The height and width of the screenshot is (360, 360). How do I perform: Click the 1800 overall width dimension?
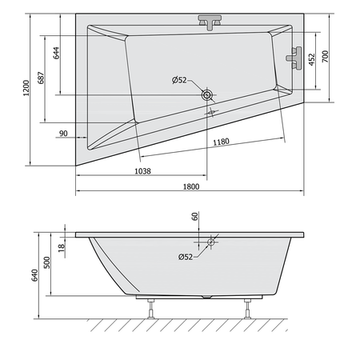pyautogui.click(x=191, y=186)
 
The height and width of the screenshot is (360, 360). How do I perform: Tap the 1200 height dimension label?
pyautogui.click(x=26, y=88)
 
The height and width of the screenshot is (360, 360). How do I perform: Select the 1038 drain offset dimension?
pyautogui.click(x=142, y=171)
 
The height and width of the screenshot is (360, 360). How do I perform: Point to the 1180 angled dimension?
pyautogui.click(x=221, y=142)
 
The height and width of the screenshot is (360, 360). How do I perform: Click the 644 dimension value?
pyautogui.click(x=56, y=53)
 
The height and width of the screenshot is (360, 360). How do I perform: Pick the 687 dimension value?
pyautogui.click(x=41, y=78)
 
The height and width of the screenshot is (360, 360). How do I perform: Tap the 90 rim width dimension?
pyautogui.click(x=63, y=134)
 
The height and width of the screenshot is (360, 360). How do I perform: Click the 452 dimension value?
pyautogui.click(x=311, y=60)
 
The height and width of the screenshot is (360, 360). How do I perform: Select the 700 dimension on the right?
pyautogui.click(x=325, y=57)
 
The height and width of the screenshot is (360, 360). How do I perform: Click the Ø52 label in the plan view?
pyautogui.click(x=179, y=80)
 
